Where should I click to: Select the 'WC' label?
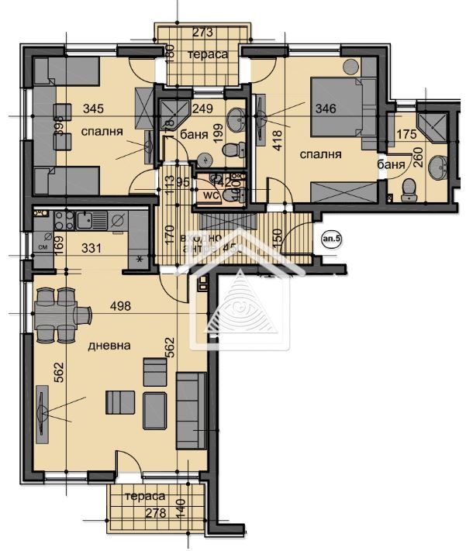209,195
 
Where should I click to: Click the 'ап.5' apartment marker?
330,240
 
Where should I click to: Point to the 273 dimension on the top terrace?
202,33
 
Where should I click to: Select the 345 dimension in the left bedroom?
91,108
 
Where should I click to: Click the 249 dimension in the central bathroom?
202,108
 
